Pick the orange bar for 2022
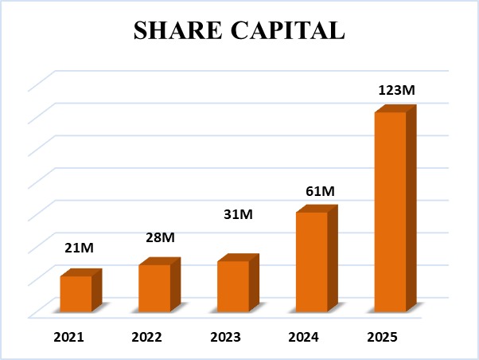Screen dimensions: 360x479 point(154,288)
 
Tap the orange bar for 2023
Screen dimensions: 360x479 point(232,286)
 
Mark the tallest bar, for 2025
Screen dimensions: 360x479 point(390,211)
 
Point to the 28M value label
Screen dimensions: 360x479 point(161,237)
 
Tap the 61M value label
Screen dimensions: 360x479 point(318,191)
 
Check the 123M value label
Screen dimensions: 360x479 point(395,90)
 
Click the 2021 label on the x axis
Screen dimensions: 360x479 point(68,337)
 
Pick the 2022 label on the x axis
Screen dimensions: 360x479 point(146,337)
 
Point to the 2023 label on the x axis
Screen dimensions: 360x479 point(225,337)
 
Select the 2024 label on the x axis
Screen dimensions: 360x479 point(303,337)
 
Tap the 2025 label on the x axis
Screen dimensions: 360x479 point(381,337)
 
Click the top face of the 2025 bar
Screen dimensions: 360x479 point(395,108)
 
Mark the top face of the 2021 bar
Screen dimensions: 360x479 point(81,272)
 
